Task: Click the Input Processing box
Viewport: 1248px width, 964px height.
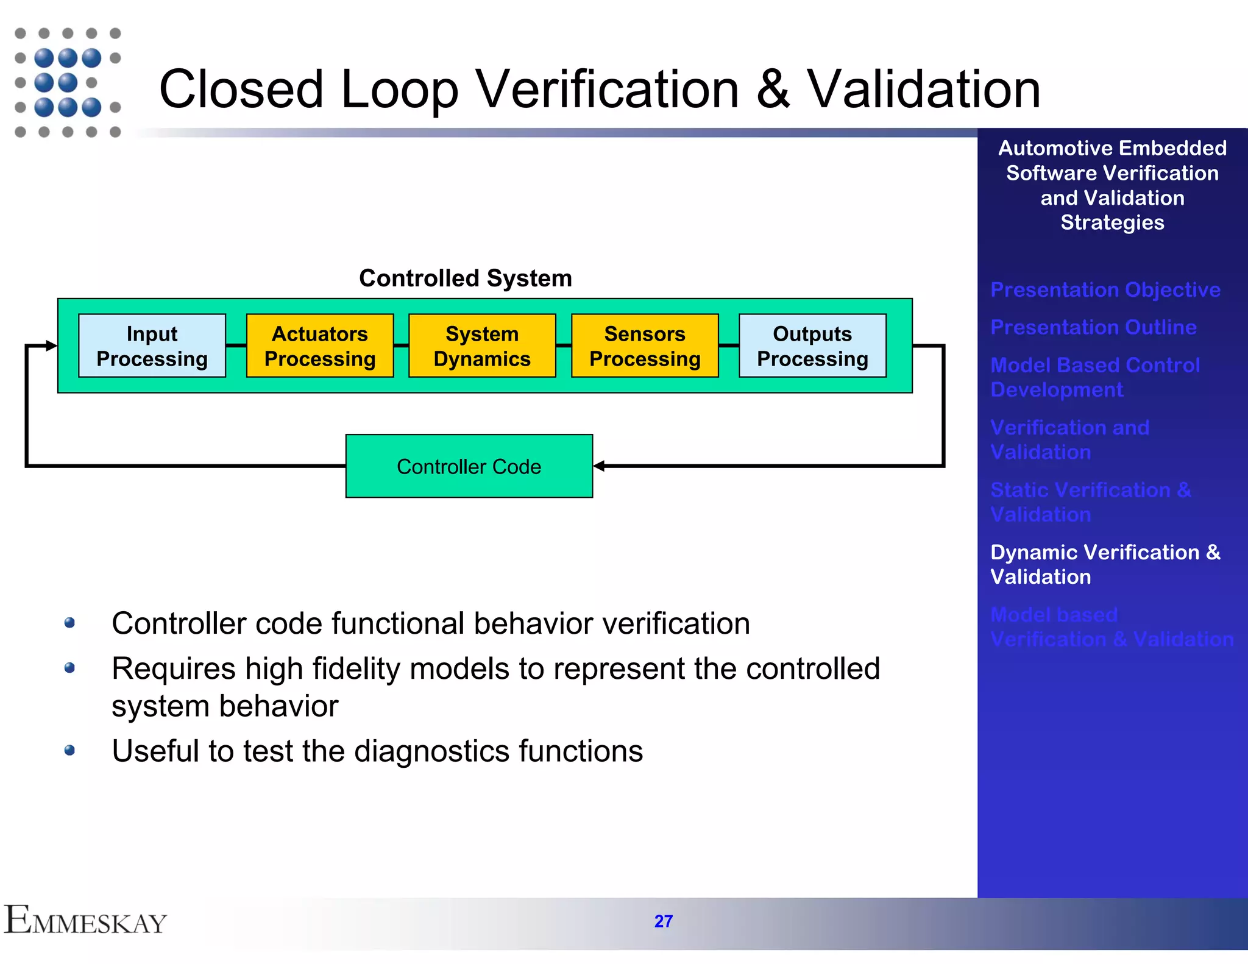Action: tap(152, 346)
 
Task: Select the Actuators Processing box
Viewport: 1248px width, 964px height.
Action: tap(319, 346)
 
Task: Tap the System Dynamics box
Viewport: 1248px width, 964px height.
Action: tap(481, 346)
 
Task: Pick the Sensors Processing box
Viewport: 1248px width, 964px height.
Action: tap(645, 346)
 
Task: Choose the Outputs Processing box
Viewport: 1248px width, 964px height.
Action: tap(812, 346)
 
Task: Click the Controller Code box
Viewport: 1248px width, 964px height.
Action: tap(469, 466)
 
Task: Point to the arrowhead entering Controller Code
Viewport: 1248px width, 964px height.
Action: tap(599, 466)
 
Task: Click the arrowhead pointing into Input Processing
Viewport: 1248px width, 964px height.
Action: tap(51, 346)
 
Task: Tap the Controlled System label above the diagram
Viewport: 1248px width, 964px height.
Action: tap(466, 278)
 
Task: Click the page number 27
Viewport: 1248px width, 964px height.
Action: tap(663, 921)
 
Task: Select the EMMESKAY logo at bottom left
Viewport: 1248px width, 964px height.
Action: tap(85, 920)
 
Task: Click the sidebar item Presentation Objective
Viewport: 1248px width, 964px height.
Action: tap(1105, 289)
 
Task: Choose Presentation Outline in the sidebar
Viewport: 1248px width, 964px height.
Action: tap(1093, 327)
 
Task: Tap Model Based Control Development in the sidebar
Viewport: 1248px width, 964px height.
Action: tap(1094, 377)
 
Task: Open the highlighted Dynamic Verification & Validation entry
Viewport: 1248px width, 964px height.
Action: tap(1104, 564)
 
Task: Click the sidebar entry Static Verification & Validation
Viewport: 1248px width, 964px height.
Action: tap(1090, 501)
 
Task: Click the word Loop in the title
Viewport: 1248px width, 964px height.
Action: tap(399, 90)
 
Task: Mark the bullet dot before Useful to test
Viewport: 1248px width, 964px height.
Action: tap(69, 750)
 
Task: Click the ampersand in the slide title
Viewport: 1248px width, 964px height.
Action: tap(773, 90)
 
